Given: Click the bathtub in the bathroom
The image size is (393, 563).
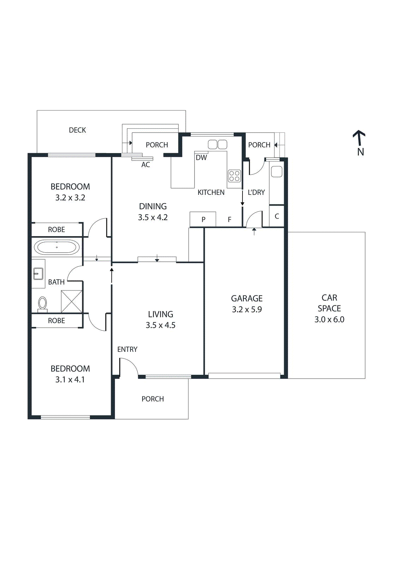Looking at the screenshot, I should (x=56, y=247).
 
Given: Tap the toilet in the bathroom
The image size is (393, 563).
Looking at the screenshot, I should (x=42, y=303).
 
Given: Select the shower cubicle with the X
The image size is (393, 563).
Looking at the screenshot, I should (x=72, y=301).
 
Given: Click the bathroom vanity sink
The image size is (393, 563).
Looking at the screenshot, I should (x=38, y=273).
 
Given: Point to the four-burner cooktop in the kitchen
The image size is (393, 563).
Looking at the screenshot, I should (x=234, y=176).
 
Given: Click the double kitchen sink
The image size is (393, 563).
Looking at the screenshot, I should (x=217, y=144).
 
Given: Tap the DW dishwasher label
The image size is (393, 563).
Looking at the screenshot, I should (x=201, y=158).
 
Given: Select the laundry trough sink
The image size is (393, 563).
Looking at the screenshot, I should (x=277, y=172).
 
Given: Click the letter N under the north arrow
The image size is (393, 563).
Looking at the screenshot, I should (x=360, y=152).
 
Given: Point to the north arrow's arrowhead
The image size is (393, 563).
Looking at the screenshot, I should (x=359, y=133).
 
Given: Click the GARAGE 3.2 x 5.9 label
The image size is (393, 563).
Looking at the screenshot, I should (x=247, y=304).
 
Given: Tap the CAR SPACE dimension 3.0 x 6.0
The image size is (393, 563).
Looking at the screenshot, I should (x=329, y=320).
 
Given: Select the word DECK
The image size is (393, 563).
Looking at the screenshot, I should (x=77, y=130).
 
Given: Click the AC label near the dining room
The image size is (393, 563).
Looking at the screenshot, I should (x=146, y=165).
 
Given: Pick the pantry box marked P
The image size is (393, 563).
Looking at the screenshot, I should (x=203, y=219).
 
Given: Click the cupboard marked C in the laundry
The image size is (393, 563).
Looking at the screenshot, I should (x=277, y=216).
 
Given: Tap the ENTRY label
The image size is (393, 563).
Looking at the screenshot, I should (x=127, y=349).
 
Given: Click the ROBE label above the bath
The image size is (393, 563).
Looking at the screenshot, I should (x=56, y=230).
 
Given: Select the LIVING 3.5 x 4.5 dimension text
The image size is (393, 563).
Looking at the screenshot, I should (x=160, y=325).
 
